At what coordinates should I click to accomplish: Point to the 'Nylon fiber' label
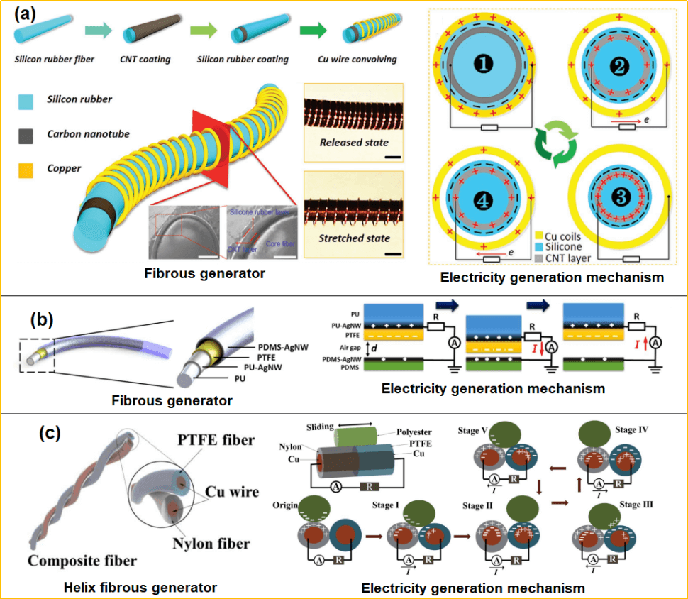coord(211,544)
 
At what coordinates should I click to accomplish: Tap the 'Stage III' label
coord(634,505)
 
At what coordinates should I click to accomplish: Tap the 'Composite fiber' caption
coord(82,561)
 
